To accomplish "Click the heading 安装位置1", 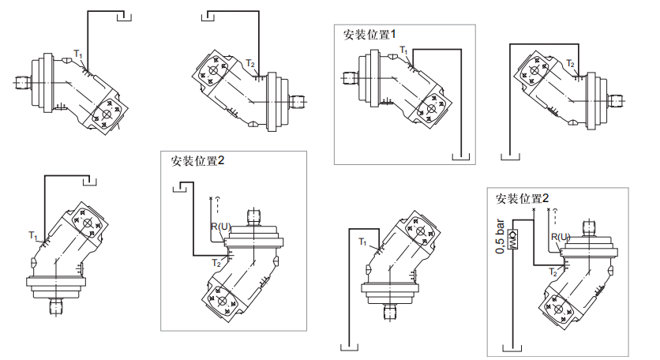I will coord(369,35).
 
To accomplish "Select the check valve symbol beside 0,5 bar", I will coord(513,239).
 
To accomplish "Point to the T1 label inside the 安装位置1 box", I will coord(403,51).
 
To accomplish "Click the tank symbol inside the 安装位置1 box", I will coord(462,156).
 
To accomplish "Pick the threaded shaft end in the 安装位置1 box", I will coord(350,77).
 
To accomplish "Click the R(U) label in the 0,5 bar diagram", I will coord(559,236).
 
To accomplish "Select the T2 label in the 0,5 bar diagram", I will coord(555,271).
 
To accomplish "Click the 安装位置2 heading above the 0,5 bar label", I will coord(521,197).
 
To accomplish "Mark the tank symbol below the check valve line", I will coord(513,345).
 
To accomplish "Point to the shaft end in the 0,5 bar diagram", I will coord(591,227).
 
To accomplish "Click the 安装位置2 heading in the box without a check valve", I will coord(198,160).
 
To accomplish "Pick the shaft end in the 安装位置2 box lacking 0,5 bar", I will coord(253,215).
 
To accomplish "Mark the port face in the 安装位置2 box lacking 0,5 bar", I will coord(222,302).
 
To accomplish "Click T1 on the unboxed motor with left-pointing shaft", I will coord(78,53).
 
